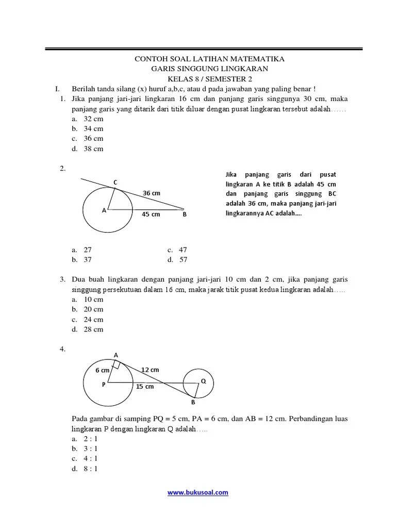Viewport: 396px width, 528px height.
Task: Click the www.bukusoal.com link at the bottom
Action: point(198,492)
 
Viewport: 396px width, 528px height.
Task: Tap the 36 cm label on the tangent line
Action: point(152,193)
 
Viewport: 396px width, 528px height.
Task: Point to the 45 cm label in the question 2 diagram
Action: point(151,214)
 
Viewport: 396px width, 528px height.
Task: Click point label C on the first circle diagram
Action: point(115,182)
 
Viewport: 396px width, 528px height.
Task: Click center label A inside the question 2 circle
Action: point(104,210)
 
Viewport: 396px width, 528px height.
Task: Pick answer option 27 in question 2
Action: point(88,250)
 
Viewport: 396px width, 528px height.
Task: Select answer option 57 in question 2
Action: point(183,259)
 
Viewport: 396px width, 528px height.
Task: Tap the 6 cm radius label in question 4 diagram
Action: point(102,370)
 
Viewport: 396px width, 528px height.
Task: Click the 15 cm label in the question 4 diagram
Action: point(145,386)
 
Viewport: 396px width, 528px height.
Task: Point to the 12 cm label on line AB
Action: point(151,370)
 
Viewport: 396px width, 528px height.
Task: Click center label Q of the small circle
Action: point(203,381)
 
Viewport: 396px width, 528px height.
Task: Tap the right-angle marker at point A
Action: point(117,365)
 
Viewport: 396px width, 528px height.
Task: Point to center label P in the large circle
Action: point(103,385)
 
